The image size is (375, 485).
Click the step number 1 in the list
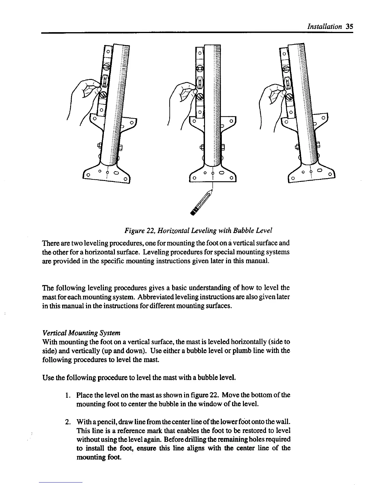pos(68,395)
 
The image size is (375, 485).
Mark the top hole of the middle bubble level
pos(199,53)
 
